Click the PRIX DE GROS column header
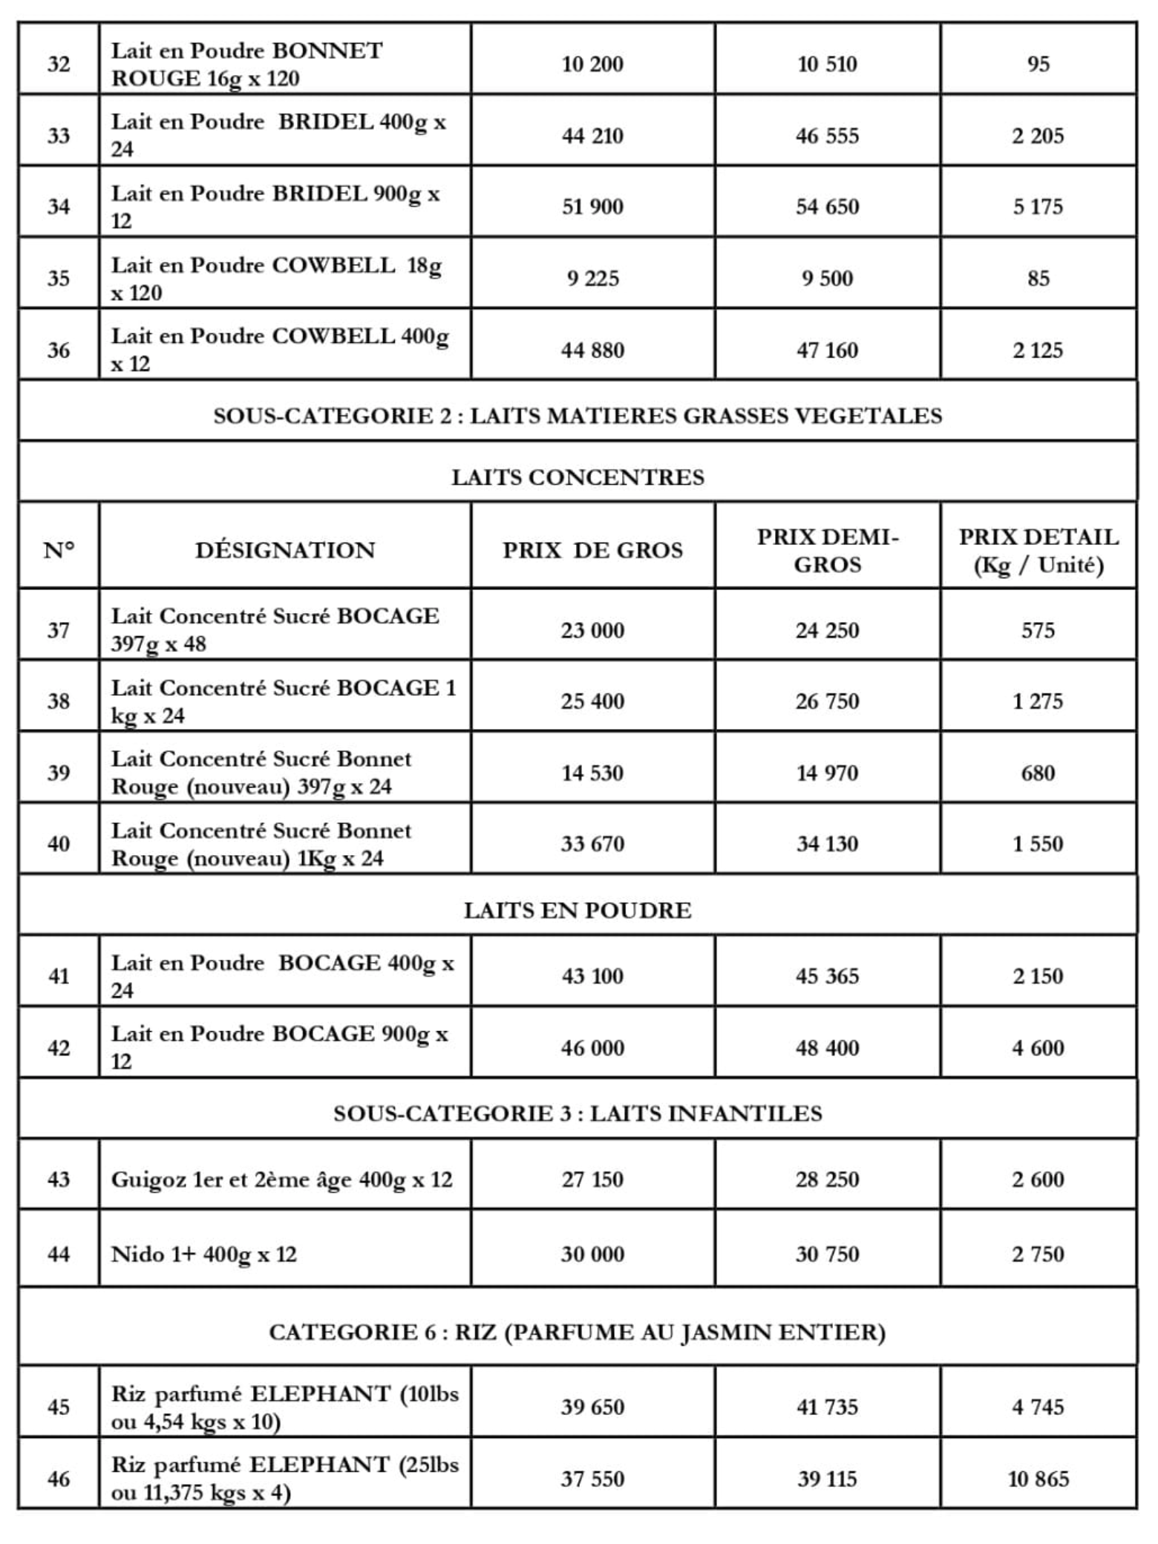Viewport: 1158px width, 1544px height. (592, 550)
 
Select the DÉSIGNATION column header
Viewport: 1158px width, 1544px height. (285, 550)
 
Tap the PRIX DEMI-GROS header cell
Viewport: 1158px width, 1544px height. (827, 550)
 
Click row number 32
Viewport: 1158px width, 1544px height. (59, 64)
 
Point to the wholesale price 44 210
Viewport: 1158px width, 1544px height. (592, 136)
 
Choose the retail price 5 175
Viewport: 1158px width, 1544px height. (1038, 206)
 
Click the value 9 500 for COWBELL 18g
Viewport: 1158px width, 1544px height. (827, 278)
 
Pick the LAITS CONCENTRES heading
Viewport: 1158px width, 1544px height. (578, 477)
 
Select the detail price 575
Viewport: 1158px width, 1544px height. (1038, 630)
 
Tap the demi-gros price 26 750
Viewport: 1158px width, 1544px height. (827, 701)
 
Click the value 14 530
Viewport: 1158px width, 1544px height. (592, 773)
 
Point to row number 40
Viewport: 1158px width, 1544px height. (59, 843)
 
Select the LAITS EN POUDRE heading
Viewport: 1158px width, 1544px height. (578, 910)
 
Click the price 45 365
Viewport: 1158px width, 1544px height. (827, 975)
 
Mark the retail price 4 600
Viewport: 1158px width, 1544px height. (1038, 1047)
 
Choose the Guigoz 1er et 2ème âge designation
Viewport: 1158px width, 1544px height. (281, 1179)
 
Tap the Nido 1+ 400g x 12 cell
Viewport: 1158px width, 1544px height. (204, 1254)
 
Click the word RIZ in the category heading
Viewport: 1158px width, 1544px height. (476, 1332)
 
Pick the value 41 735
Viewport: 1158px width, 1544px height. (827, 1407)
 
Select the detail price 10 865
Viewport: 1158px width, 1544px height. (1038, 1479)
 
